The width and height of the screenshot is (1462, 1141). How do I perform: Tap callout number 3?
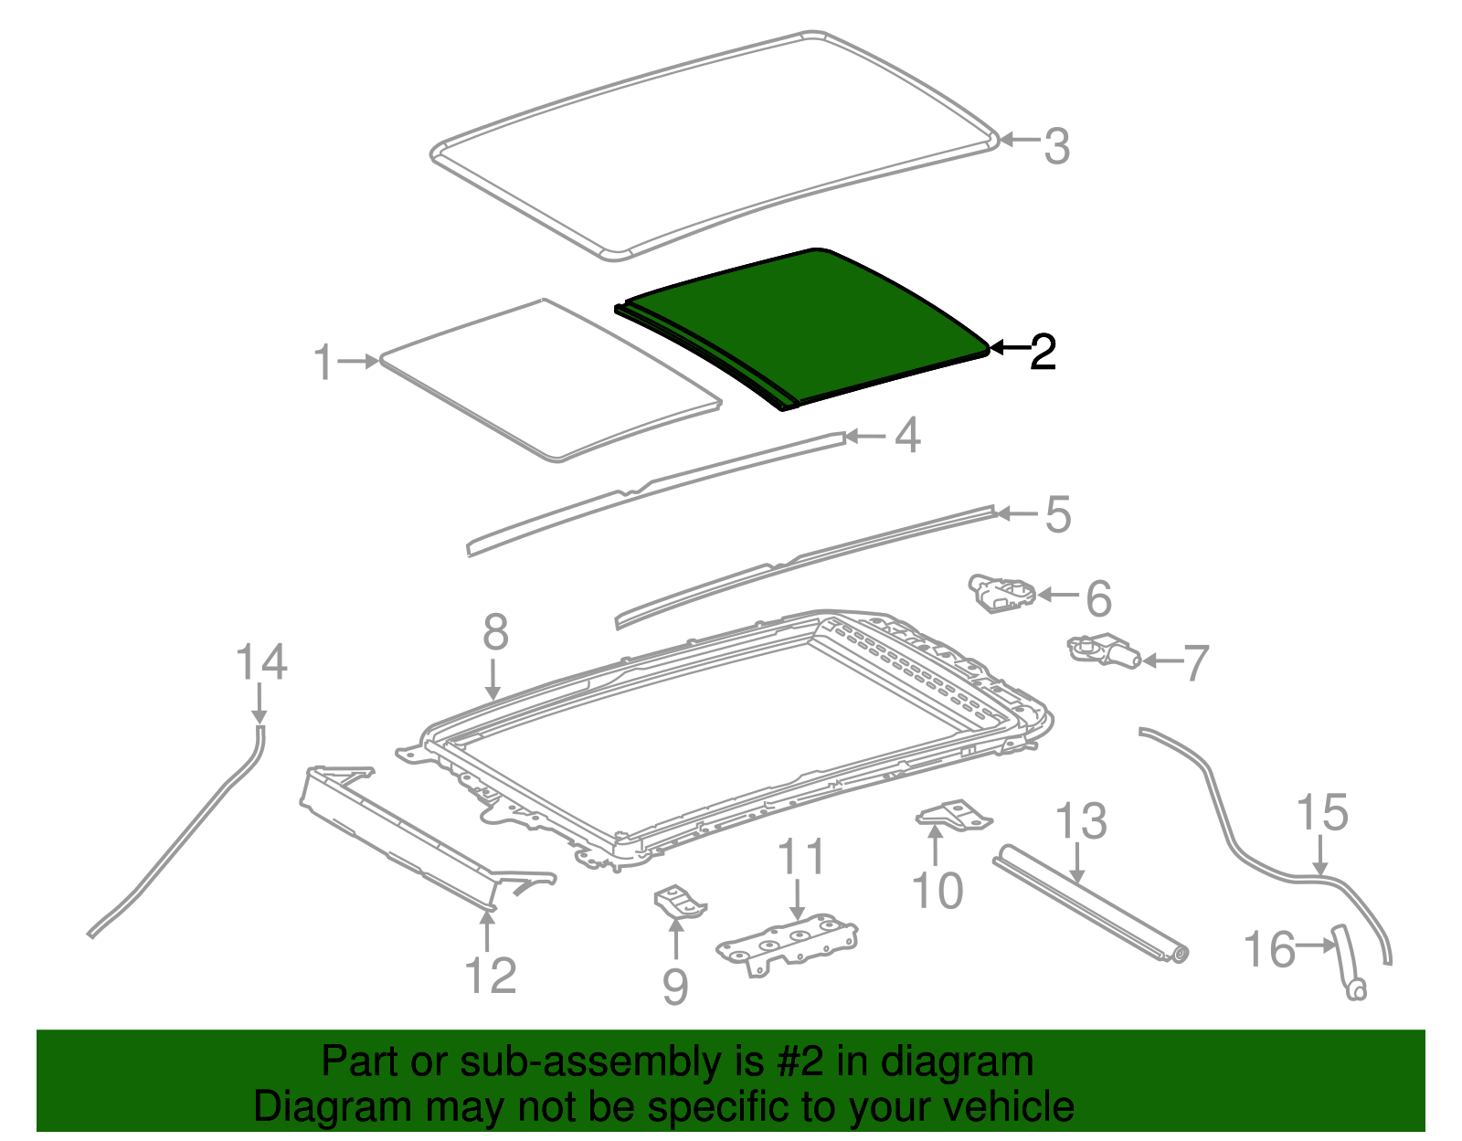(1056, 146)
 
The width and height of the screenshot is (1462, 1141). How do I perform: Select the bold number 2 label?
(1042, 352)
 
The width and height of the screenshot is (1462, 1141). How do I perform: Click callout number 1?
(323, 363)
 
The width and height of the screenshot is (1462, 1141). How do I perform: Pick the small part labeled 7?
(1104, 651)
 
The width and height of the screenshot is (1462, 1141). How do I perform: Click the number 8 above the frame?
(495, 632)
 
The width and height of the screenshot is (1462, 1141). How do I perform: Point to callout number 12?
(491, 976)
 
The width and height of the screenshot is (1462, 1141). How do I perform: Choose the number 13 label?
(1081, 821)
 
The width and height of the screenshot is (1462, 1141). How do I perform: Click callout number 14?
(261, 661)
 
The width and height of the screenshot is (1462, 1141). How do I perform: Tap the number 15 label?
(1322, 812)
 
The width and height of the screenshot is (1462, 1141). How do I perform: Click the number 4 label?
(907, 436)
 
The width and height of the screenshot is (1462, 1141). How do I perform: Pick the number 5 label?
(1057, 514)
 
